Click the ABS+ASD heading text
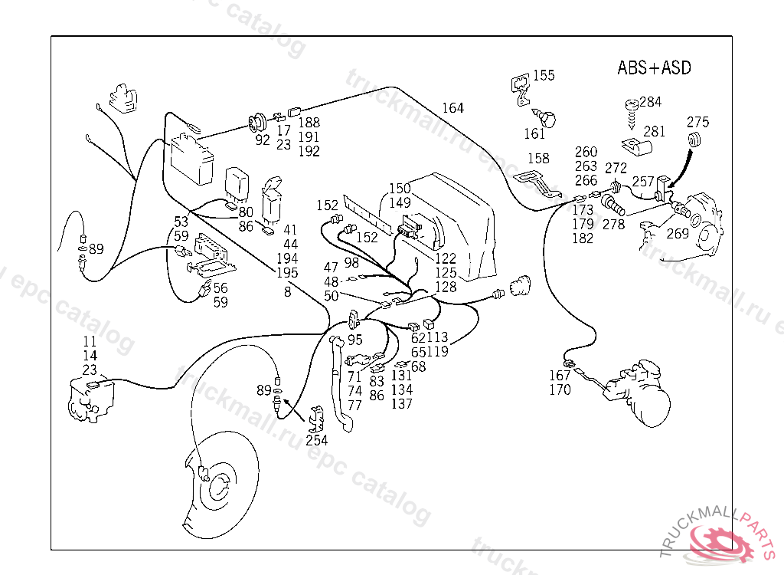click(x=654, y=67)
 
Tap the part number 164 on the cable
click(x=452, y=108)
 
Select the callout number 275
click(x=697, y=122)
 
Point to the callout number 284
click(x=651, y=102)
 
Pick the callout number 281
click(x=654, y=131)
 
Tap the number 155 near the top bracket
click(x=544, y=75)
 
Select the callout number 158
click(x=538, y=159)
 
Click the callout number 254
click(x=316, y=440)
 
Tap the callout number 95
click(x=355, y=340)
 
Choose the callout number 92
click(x=263, y=140)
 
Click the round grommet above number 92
click(x=258, y=120)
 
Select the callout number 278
click(x=613, y=225)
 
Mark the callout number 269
click(x=678, y=234)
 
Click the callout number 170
click(x=560, y=389)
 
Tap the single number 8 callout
click(x=288, y=291)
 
